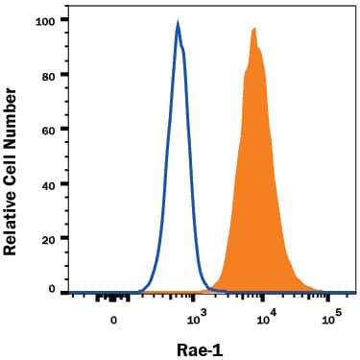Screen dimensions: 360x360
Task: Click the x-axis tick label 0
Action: click(x=114, y=320)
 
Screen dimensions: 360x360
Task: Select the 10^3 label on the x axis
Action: click(x=195, y=318)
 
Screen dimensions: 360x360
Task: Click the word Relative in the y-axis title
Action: click(x=12, y=220)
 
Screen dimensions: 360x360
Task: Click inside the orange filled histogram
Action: click(x=254, y=192)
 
